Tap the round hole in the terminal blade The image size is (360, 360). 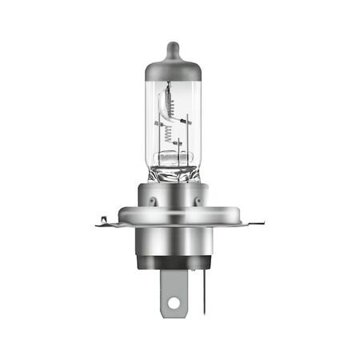[x=174, y=303]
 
